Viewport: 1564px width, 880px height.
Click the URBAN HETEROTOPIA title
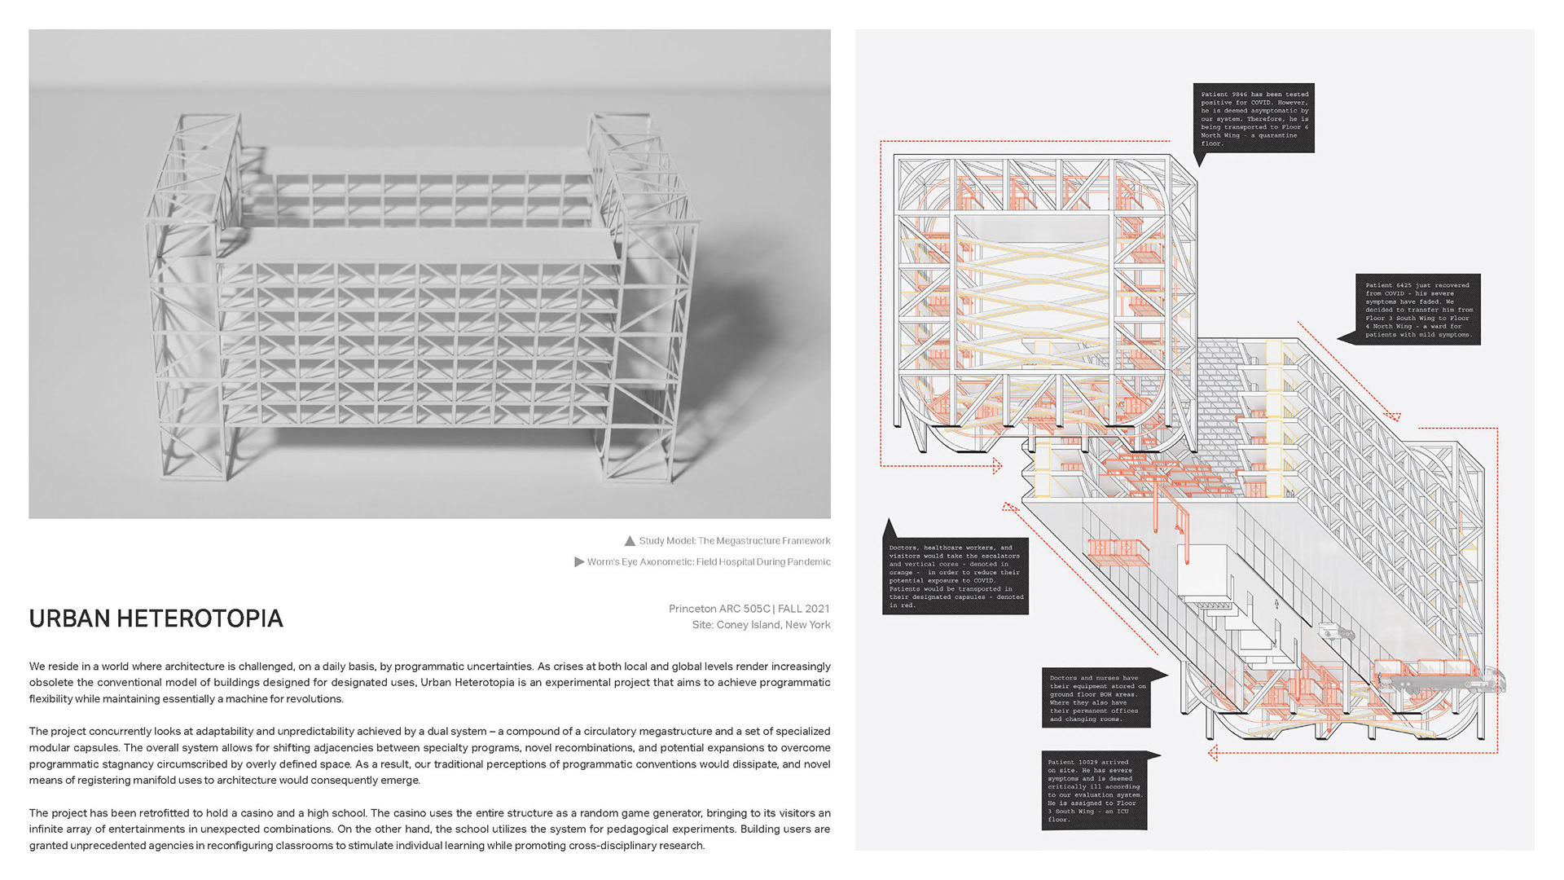point(156,619)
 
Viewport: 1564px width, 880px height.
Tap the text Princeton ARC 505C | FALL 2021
point(749,609)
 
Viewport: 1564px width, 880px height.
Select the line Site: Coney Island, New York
point(761,625)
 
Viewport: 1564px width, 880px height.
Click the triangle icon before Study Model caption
point(630,541)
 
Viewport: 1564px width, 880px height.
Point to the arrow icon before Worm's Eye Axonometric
point(579,561)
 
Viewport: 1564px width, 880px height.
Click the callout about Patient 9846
point(1254,118)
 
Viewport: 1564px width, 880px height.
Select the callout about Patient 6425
point(1418,310)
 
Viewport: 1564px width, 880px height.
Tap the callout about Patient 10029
point(1095,790)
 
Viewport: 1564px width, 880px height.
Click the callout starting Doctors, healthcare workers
point(956,576)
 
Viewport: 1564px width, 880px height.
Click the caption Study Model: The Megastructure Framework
point(734,541)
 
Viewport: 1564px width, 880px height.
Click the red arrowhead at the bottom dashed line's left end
point(1213,753)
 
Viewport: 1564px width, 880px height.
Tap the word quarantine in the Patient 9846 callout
point(1277,135)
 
